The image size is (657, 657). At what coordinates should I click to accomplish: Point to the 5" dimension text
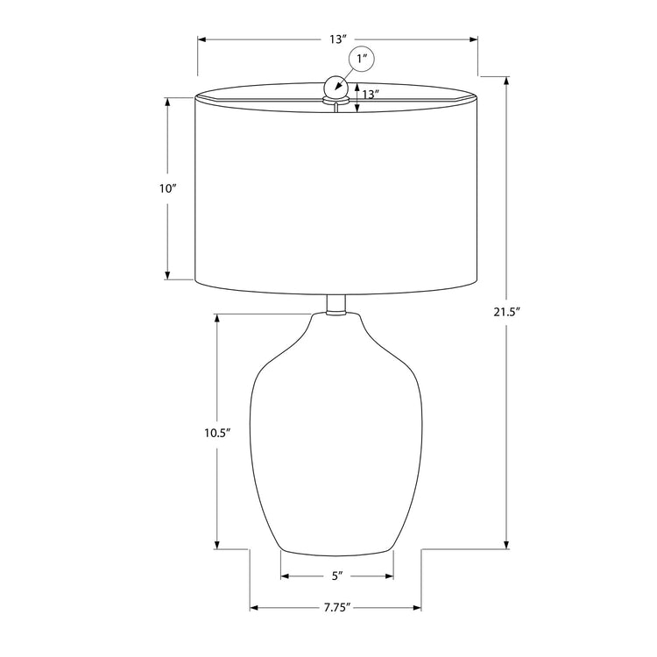click(x=336, y=576)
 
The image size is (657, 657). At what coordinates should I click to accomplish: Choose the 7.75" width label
click(x=336, y=608)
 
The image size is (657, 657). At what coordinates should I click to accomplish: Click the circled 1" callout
click(x=363, y=60)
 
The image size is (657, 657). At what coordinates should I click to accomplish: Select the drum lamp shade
click(x=336, y=193)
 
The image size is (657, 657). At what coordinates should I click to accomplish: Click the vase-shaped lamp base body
click(x=336, y=438)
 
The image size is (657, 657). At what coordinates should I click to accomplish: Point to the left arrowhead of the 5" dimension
click(x=284, y=576)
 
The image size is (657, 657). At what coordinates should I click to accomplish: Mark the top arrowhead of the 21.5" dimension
click(x=507, y=76)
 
